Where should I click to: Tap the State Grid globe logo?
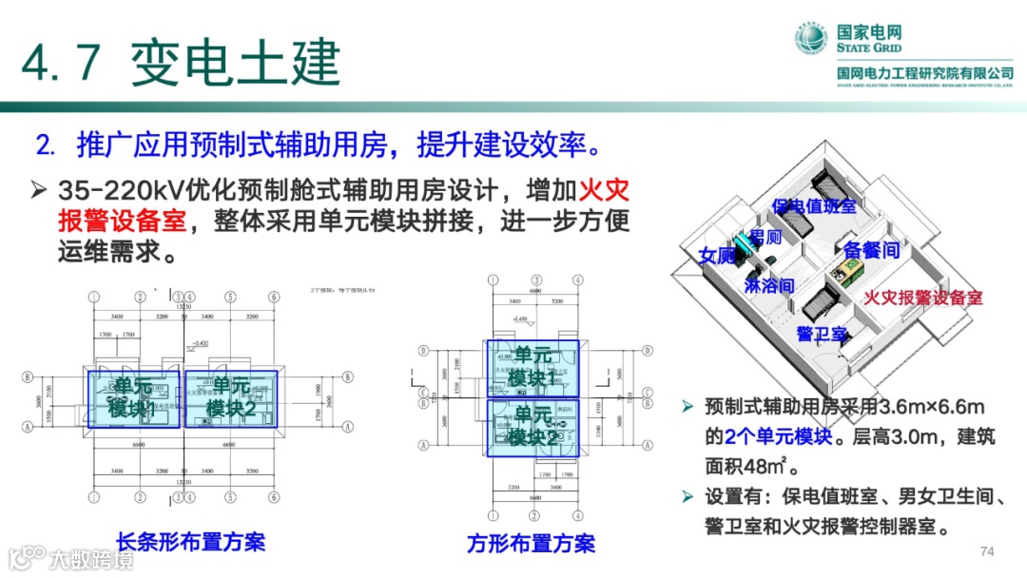[x=814, y=39]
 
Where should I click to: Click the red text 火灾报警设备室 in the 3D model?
[x=922, y=298]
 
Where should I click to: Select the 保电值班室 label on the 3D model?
[x=813, y=205]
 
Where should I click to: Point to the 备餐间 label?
[x=871, y=250]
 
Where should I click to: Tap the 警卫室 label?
[x=822, y=334]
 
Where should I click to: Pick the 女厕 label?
[x=717, y=256]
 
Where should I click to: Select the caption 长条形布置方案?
[x=190, y=542]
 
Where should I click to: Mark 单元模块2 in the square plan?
[x=533, y=426]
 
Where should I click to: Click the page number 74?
[x=986, y=552]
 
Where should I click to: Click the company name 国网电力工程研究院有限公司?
[x=924, y=73]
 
